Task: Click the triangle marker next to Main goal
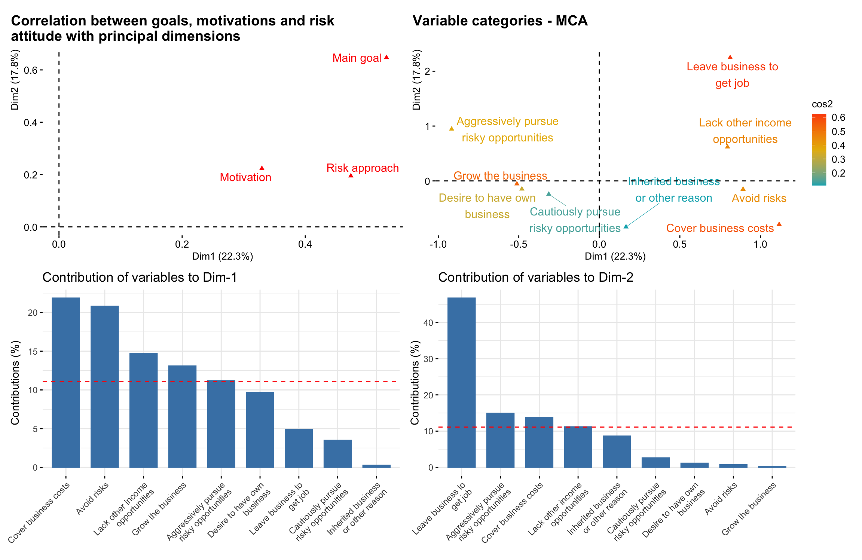(386, 57)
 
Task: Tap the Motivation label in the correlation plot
(245, 177)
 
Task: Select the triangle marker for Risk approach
(351, 175)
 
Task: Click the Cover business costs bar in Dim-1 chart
(66, 382)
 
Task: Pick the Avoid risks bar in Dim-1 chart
(105, 386)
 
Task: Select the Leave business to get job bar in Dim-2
(461, 382)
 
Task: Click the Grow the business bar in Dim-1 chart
(182, 416)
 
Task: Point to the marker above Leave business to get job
(730, 57)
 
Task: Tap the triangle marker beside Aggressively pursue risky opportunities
(452, 129)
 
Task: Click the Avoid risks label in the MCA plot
(759, 198)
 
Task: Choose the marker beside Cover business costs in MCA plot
(779, 224)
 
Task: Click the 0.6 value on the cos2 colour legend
(838, 117)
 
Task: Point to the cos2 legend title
(822, 104)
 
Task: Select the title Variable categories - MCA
(500, 21)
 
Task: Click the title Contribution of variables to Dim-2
(535, 277)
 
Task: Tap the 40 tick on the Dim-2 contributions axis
(428, 322)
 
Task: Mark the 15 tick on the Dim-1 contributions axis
(33, 351)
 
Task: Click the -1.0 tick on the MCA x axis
(438, 245)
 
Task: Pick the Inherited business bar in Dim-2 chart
(617, 452)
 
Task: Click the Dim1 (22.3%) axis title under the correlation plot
(222, 256)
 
